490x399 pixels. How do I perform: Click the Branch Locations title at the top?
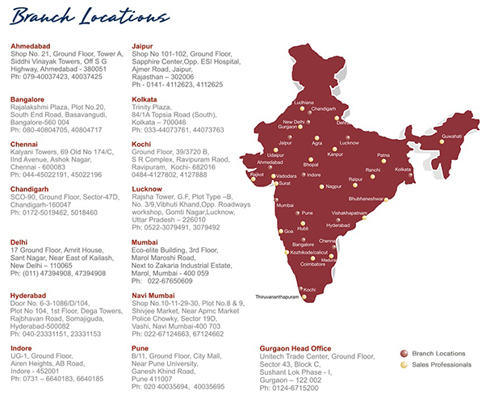(x=79, y=16)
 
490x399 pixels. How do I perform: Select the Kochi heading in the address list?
(x=141, y=142)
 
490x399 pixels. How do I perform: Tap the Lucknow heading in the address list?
(x=147, y=187)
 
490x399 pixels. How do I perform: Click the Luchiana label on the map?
(x=304, y=103)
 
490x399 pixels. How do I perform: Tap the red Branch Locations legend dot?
(x=404, y=353)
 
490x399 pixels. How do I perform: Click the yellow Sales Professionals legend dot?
(x=404, y=365)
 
